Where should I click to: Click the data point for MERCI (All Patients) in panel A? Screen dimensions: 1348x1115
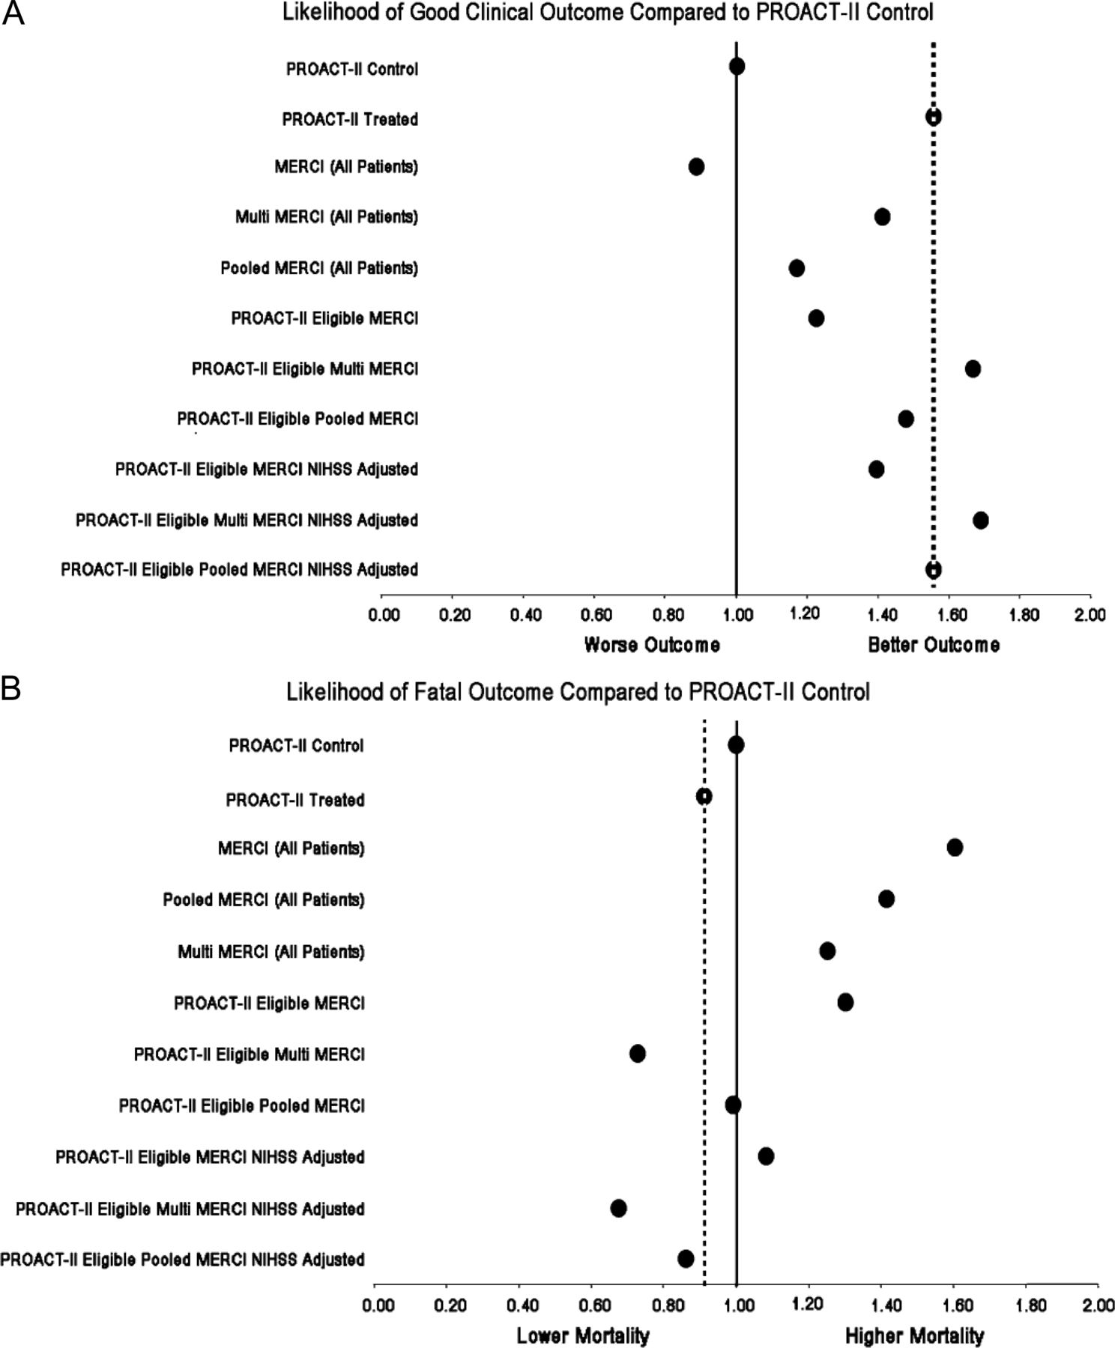tap(696, 166)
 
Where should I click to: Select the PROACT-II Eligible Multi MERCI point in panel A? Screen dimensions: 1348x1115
tap(973, 368)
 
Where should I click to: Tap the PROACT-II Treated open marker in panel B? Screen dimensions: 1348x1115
tap(704, 796)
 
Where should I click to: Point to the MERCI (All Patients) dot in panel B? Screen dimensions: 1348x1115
tap(955, 847)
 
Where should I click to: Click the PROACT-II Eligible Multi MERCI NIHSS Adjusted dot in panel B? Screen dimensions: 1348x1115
tap(618, 1208)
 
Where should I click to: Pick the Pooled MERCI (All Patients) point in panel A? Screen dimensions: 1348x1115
tap(797, 268)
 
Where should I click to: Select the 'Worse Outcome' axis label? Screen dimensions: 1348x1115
tap(652, 645)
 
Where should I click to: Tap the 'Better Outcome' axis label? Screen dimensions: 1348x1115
tap(934, 645)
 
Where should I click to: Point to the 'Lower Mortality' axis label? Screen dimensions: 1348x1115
tap(583, 1335)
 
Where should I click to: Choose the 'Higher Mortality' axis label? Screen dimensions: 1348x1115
tap(914, 1335)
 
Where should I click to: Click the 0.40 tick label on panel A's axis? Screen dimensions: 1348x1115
tap(526, 616)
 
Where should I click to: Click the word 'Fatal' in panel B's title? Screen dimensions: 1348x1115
tap(438, 691)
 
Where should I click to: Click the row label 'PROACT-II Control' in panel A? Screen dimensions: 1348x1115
tap(352, 69)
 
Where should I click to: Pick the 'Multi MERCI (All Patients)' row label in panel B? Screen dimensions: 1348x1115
tap(271, 952)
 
